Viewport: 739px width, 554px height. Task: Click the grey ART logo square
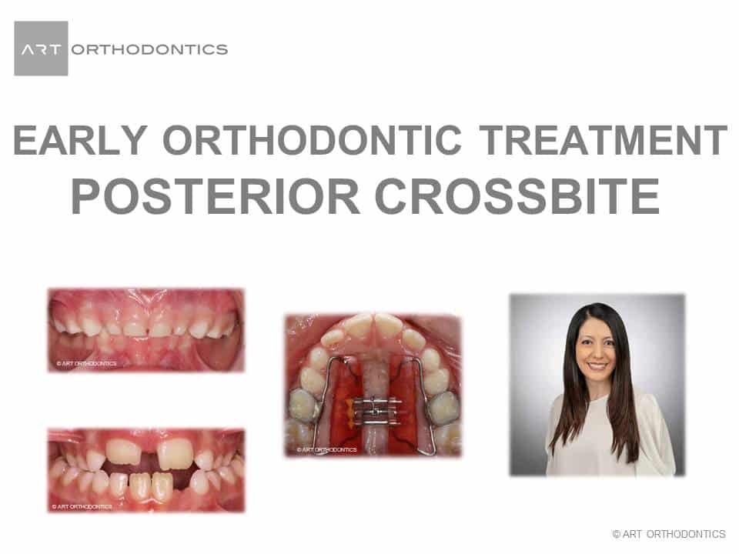[x=41, y=48]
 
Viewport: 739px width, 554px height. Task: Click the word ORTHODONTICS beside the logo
[x=150, y=49]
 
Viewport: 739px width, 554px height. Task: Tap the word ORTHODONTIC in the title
[x=312, y=140]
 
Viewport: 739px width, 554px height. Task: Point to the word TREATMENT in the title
[x=604, y=140]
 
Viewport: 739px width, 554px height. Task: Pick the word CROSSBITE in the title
[x=517, y=196]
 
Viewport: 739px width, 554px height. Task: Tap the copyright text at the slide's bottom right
[x=669, y=534]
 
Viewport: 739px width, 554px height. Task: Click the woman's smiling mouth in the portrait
[x=597, y=365]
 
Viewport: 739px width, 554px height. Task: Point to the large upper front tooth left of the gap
[x=123, y=452]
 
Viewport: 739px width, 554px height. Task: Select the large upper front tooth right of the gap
[x=174, y=454]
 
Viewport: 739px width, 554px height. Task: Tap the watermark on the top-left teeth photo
[x=86, y=364]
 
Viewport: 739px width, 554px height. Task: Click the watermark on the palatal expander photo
[x=326, y=449]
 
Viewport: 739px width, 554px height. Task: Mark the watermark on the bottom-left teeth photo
[x=82, y=506]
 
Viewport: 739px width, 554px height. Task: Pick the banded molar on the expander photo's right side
[x=444, y=409]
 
